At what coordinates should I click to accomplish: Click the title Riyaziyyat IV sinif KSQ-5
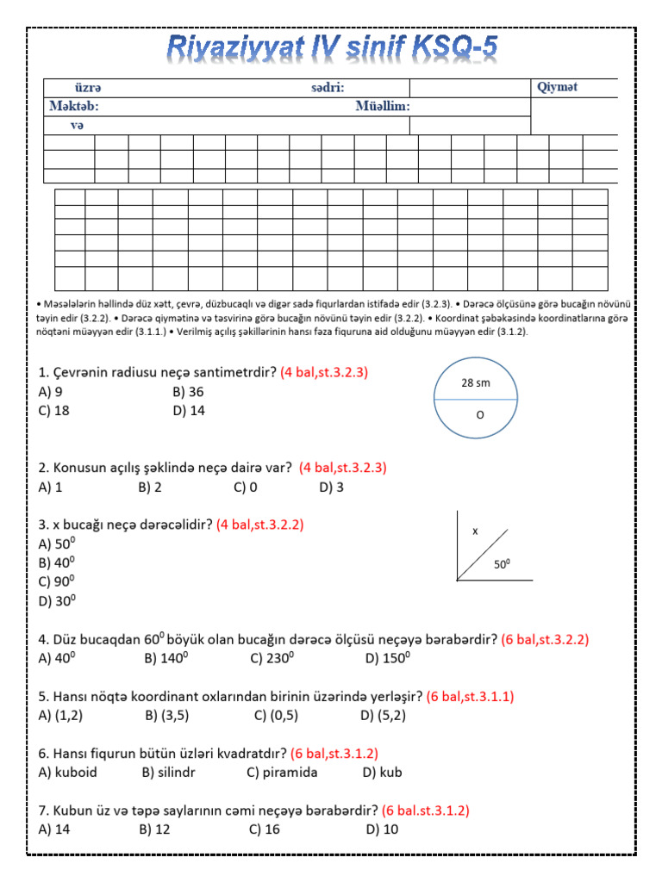coord(332,49)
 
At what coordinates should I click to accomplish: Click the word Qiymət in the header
coord(557,87)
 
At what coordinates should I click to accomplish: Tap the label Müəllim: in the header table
coord(383,107)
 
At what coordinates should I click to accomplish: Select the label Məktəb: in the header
coord(74,107)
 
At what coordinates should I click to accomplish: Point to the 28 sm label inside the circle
coord(476,383)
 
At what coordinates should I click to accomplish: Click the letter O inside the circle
coord(481,414)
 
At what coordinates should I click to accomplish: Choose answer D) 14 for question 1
coord(189,411)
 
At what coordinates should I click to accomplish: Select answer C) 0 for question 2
coord(245,487)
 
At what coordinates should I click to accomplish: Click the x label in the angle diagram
coord(475,531)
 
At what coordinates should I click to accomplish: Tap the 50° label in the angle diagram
coord(502,565)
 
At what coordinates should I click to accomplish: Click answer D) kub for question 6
coord(383,773)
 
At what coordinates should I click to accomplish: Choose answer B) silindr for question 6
coord(168,773)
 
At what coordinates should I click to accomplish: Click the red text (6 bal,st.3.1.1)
coord(470,696)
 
